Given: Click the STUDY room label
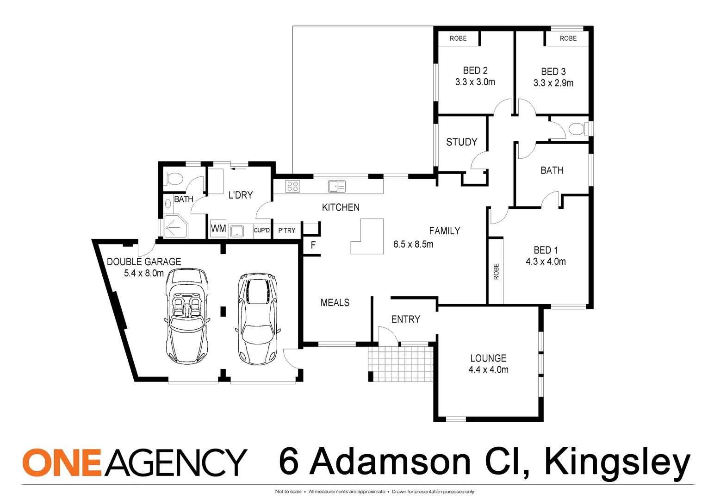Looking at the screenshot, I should (461, 142).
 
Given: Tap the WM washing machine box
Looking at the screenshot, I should (218, 229).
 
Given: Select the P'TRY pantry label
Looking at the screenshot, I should (286, 231).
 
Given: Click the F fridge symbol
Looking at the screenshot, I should (313, 245).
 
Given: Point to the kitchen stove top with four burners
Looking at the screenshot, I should (292, 187).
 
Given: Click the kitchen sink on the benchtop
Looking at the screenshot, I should (336, 187).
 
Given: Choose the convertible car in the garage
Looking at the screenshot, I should (187, 316).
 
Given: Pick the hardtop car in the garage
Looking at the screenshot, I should (257, 319).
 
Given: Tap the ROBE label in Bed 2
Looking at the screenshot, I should (458, 38).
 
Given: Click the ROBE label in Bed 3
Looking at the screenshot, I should (568, 38).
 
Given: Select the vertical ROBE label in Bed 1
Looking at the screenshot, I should (496, 271).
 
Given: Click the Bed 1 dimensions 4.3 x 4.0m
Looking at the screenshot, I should (546, 262).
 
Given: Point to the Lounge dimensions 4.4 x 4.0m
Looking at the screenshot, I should (488, 370).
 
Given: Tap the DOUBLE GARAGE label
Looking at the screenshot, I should (144, 262).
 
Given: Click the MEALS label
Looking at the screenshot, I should (335, 303).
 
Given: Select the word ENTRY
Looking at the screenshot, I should (405, 319).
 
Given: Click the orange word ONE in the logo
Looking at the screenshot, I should (62, 462).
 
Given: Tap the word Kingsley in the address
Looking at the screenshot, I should (617, 462).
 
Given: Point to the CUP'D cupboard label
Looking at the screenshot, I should (261, 231).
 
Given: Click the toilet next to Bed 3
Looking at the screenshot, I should (577, 128).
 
